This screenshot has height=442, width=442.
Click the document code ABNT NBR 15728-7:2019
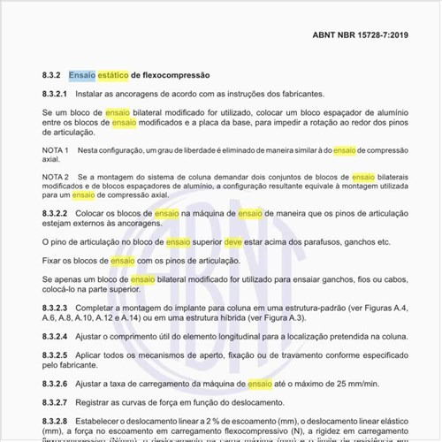[x=360, y=37]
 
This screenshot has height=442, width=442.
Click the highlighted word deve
[x=233, y=242]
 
